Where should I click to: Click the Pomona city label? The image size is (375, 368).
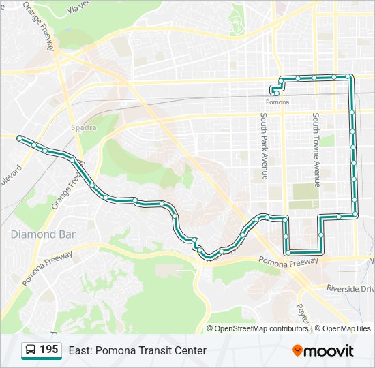pos(277,102)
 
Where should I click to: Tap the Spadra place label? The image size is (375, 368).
pos(85,127)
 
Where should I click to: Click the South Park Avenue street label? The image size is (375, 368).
pos(263,146)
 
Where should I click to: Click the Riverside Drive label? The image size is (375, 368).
pos(350,289)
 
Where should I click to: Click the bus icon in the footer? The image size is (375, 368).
pos(31,350)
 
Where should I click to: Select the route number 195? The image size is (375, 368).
pos(48,350)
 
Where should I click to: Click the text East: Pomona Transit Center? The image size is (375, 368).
pos(137,350)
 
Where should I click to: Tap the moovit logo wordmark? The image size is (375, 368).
pos(330,351)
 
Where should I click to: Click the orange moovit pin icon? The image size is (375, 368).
pos(298,351)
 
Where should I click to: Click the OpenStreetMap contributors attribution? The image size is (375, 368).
pos(262,328)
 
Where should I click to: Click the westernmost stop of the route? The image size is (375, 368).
pos(19,138)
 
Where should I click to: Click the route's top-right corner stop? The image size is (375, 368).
pos(349,76)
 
